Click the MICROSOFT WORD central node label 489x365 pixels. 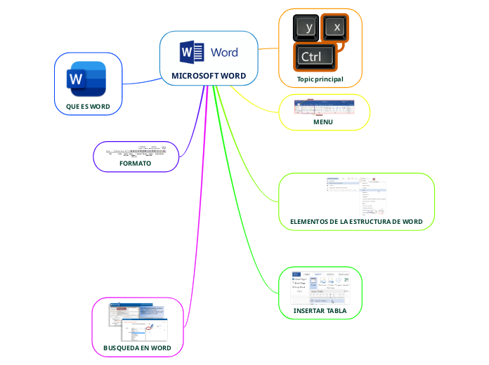(209, 76)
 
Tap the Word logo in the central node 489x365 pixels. (209, 52)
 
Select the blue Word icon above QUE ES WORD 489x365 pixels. (88, 79)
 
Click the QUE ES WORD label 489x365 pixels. (88, 106)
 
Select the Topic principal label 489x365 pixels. (320, 79)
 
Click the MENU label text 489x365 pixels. (323, 122)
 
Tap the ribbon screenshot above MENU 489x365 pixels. (324, 107)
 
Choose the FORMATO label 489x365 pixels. (136, 163)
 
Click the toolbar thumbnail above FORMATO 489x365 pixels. (136, 150)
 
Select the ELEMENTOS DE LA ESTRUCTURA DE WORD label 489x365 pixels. (356, 222)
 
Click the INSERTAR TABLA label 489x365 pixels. (320, 310)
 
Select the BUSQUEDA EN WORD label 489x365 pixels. (137, 347)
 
